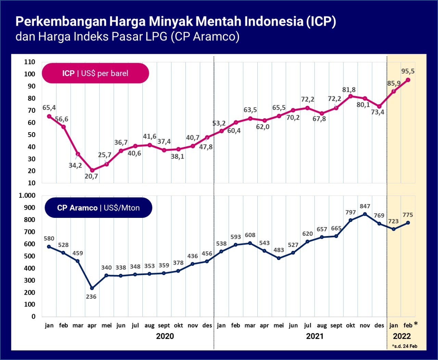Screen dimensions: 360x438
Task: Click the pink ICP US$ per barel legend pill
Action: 95,73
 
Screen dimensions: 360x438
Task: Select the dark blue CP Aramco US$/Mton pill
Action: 98,208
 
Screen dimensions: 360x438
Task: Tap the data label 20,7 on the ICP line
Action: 91,176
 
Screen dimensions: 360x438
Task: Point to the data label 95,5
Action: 408,71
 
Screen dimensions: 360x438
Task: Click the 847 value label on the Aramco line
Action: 365,206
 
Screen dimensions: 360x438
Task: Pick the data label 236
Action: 91,297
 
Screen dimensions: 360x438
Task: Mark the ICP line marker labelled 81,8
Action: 350,96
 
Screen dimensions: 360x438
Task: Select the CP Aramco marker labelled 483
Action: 279,258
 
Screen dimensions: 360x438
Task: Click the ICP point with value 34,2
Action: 78,154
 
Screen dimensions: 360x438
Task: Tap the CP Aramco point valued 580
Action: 49,247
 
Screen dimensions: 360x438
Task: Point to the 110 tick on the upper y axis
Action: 30,62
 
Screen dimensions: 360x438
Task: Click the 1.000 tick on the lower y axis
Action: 27,196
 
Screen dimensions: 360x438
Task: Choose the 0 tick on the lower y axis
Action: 34,316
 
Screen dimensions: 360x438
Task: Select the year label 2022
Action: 402,336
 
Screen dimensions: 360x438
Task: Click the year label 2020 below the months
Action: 165,336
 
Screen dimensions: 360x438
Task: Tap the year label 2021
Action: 315,336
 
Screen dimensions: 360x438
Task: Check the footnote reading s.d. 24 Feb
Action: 405,346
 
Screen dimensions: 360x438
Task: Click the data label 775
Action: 408,215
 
